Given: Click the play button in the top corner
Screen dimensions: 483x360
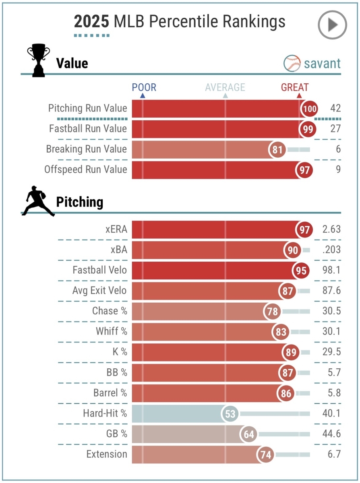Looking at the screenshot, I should [x=332, y=25].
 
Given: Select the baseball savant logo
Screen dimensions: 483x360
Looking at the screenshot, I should [x=312, y=63].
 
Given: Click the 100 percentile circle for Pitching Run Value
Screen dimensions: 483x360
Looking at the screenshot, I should [x=310, y=109].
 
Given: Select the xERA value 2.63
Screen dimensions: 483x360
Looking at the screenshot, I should [x=331, y=229].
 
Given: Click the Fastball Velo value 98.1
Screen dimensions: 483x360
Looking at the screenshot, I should [x=331, y=270].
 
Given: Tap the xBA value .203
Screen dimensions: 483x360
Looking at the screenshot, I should [x=331, y=250].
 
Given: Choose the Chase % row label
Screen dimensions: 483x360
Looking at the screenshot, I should [x=110, y=311].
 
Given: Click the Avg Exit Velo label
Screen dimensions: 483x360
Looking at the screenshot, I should [x=99, y=291].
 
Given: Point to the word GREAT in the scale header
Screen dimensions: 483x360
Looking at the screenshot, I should [x=295, y=87].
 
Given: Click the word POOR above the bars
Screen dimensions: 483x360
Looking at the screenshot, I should [x=144, y=87].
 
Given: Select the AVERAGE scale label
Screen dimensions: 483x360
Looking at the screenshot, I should [x=225, y=87].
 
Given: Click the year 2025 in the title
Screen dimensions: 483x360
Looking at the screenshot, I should [x=91, y=22].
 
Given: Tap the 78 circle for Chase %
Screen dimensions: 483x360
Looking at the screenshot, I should [x=273, y=311].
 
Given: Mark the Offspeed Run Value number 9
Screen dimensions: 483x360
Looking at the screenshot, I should [x=338, y=169].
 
